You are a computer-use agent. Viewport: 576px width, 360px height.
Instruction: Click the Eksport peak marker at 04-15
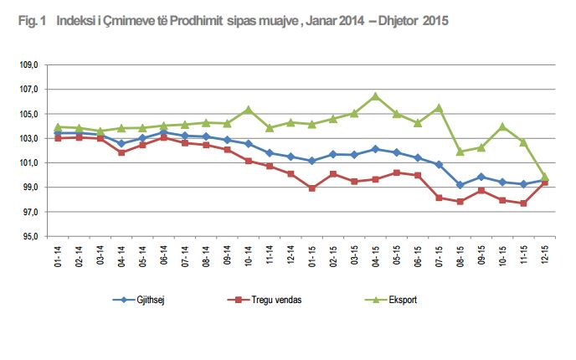[x=375, y=96]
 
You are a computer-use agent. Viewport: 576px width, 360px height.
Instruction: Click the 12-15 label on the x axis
[x=546, y=256]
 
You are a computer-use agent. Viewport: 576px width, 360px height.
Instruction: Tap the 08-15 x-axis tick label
[x=460, y=256]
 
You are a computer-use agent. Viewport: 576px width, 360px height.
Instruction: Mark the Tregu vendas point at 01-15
[x=311, y=188]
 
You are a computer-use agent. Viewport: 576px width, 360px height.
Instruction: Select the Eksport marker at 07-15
[x=439, y=107]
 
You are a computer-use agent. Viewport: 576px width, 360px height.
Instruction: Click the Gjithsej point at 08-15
[x=460, y=185]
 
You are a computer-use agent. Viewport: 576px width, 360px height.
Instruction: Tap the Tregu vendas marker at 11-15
[x=524, y=203]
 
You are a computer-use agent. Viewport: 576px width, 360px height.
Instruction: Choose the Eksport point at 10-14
[x=248, y=109]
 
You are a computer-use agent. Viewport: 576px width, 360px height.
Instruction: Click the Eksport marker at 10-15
[x=503, y=126]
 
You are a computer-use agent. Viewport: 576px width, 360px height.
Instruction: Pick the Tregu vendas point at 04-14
[x=121, y=152]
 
